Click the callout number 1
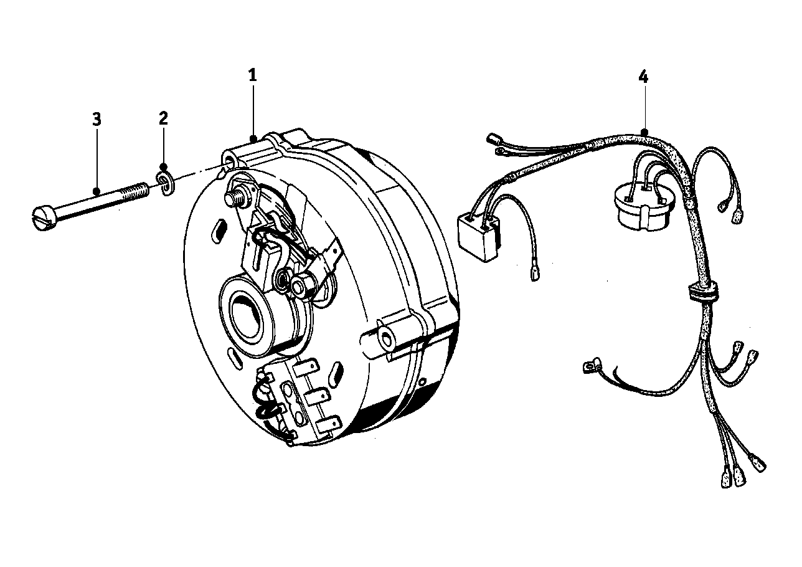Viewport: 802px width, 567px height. click(252, 76)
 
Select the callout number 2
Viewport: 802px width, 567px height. click(163, 118)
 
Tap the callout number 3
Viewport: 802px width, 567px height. click(97, 119)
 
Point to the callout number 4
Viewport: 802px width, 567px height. click(643, 77)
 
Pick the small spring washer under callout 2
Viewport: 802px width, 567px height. click(166, 184)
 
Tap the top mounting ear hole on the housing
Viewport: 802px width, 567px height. click(230, 162)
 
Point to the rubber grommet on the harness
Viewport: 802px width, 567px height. click(700, 291)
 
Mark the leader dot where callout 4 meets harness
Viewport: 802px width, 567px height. click(644, 132)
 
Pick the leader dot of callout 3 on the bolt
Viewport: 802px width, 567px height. click(97, 191)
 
